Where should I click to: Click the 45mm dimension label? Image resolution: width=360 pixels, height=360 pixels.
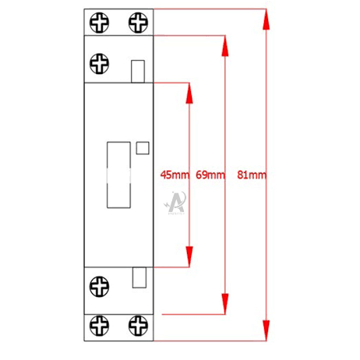coord(175,175)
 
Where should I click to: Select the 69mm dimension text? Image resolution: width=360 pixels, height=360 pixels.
coord(210,175)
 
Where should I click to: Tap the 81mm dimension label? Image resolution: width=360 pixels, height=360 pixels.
coord(252,175)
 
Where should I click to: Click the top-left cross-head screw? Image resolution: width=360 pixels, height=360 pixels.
coord(99,23)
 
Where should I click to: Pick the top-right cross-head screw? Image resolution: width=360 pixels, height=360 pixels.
coord(138,23)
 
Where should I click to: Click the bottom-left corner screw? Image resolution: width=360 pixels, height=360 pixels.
coord(99,326)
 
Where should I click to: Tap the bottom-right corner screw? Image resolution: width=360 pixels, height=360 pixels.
coord(138,326)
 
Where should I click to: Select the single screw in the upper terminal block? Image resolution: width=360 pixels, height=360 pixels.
coord(99,64)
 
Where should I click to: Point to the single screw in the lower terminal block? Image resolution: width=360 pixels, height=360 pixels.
coord(99,287)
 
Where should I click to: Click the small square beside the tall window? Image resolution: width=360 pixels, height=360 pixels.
coord(143,148)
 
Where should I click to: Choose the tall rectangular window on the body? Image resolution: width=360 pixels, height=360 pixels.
coord(118,175)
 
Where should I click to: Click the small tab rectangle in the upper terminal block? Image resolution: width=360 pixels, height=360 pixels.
coord(138,72)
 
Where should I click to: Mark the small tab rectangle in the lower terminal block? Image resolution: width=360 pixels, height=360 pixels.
coord(139,277)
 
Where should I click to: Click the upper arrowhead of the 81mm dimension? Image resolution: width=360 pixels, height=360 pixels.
coord(266,19)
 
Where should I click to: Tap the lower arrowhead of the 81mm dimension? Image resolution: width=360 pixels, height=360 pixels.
coord(266,330)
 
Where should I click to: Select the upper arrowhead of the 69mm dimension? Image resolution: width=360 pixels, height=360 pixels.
coord(225,46)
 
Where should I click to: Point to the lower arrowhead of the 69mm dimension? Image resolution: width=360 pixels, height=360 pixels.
coord(225,304)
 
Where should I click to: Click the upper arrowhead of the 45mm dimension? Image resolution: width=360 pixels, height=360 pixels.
coord(189,94)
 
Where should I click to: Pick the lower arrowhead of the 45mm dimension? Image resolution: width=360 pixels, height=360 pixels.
coord(189,256)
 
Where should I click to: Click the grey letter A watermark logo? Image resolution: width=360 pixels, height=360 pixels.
coord(175,203)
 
